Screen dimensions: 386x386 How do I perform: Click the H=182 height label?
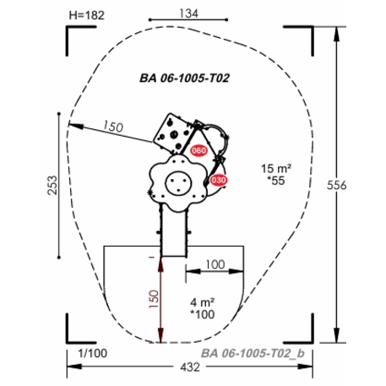(87, 15)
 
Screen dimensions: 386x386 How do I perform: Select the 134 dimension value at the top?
(188, 14)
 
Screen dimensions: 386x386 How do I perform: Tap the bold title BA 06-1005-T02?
(185, 78)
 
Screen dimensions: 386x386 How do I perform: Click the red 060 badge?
(198, 150)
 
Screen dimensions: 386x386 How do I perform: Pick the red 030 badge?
(219, 180)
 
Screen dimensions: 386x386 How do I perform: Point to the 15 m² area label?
(276, 168)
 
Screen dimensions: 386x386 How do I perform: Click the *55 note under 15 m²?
(276, 181)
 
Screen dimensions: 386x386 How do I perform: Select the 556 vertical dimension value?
(336, 185)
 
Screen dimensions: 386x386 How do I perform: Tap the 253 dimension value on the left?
(52, 185)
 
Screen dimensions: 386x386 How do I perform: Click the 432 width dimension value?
(190, 367)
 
